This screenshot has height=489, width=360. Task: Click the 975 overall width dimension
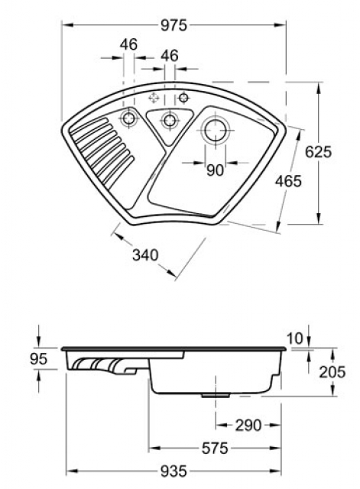[174, 24]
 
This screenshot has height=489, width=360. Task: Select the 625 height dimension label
[318, 151]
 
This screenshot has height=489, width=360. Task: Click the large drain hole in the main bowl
[215, 129]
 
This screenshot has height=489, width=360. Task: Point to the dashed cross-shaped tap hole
[153, 97]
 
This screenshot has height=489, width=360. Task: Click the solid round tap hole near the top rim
[183, 97]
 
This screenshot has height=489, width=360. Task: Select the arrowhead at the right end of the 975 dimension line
[284, 24]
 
